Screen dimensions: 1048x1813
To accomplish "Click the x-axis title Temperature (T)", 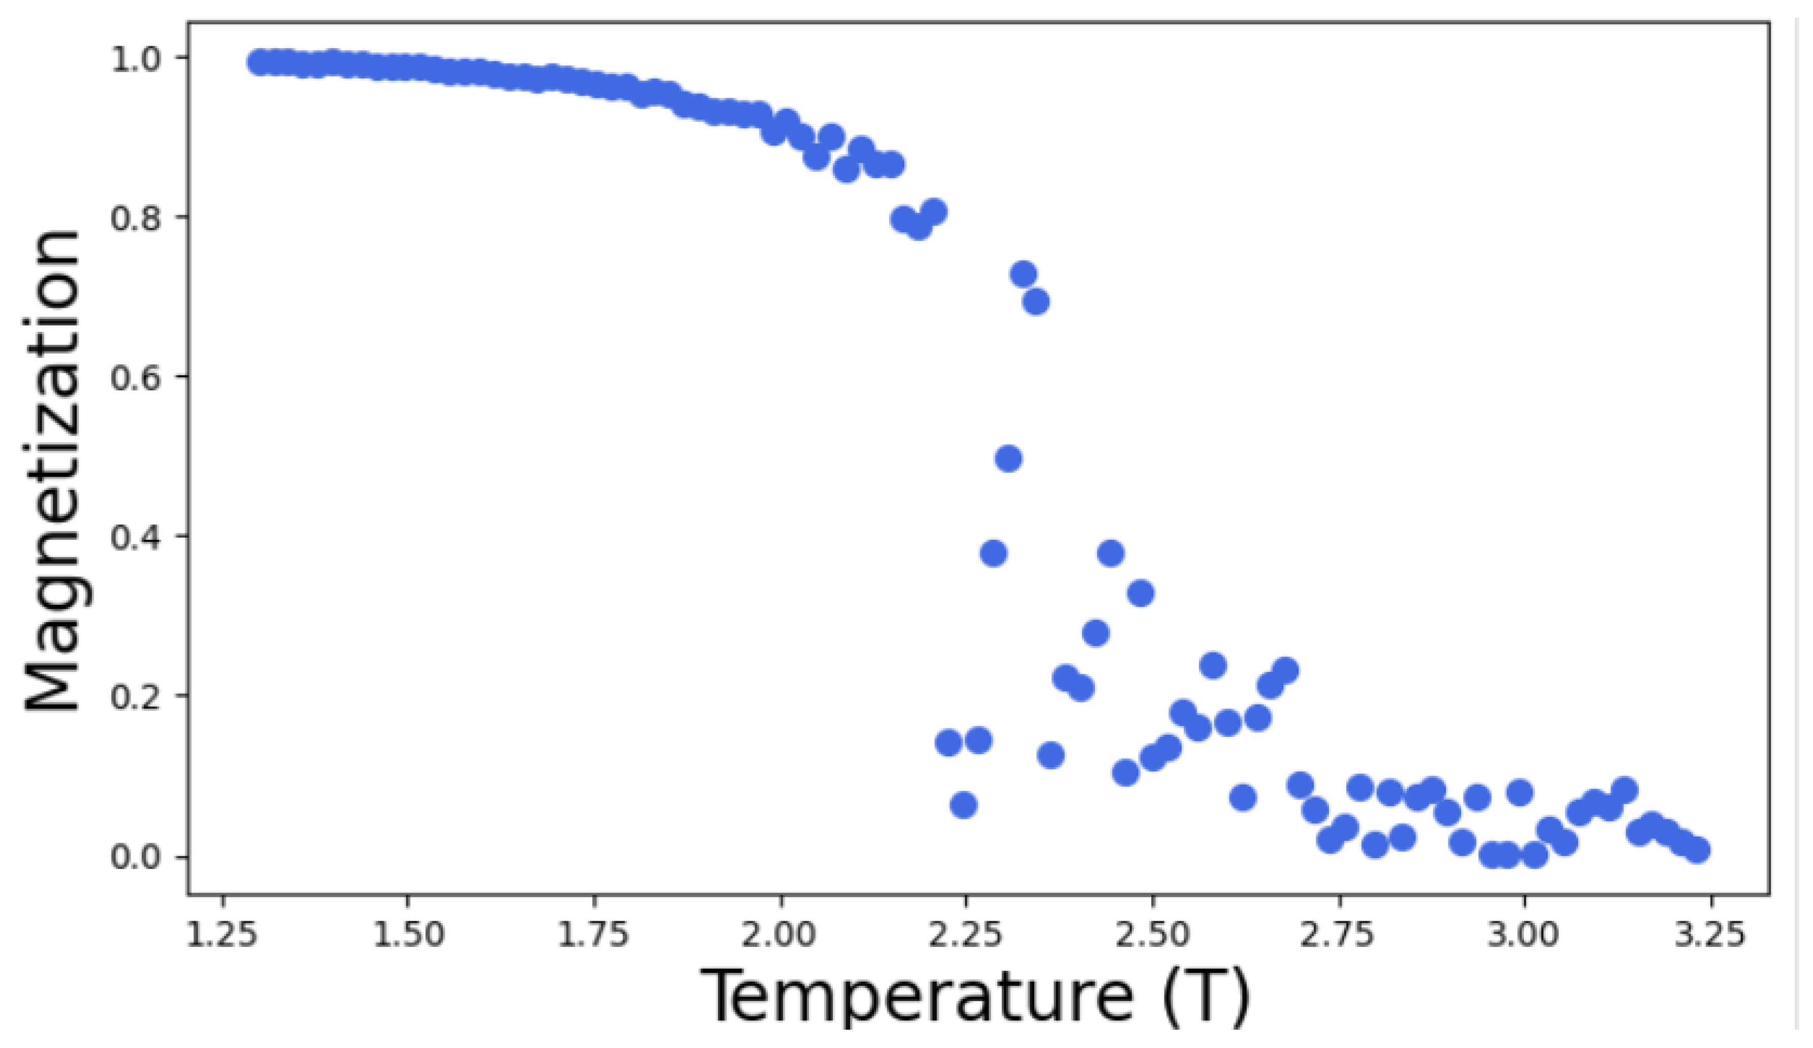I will (x=974, y=996).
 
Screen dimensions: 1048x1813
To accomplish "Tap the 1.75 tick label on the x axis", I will (x=594, y=936).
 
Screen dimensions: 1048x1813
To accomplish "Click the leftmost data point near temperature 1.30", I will (x=260, y=62).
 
